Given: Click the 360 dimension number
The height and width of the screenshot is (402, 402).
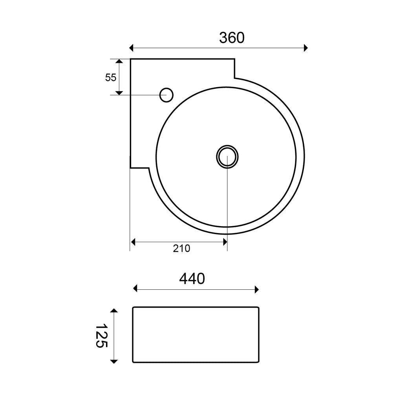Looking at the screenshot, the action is [232, 38].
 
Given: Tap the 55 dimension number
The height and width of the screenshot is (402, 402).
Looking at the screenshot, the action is [111, 77].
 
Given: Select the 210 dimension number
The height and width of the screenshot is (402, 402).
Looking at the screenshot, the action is [181, 249].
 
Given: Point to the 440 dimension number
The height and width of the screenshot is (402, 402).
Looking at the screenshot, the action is [192, 278].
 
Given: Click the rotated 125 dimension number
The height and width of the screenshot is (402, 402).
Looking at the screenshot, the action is [101, 336].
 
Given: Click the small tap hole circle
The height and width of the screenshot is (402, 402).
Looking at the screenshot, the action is [166, 95].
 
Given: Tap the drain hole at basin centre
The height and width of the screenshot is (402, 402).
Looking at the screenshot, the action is [227, 157].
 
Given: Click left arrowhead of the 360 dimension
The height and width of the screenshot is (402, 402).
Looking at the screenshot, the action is [131, 48].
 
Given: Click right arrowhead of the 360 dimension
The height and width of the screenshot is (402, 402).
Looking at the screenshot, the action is [305, 48].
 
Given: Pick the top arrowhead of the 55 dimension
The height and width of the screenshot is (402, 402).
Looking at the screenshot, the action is [119, 61].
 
